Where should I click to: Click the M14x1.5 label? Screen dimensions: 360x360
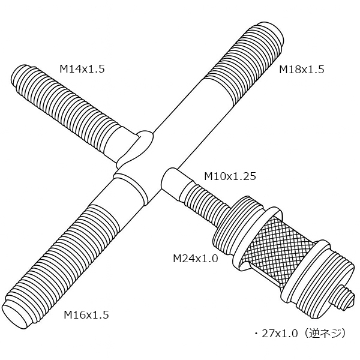point(82,68)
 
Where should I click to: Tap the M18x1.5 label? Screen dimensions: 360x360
point(301,70)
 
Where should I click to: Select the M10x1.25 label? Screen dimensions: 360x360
point(230,176)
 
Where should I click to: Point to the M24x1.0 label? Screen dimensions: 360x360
point(195,259)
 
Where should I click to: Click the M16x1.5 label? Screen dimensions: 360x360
point(86,315)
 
